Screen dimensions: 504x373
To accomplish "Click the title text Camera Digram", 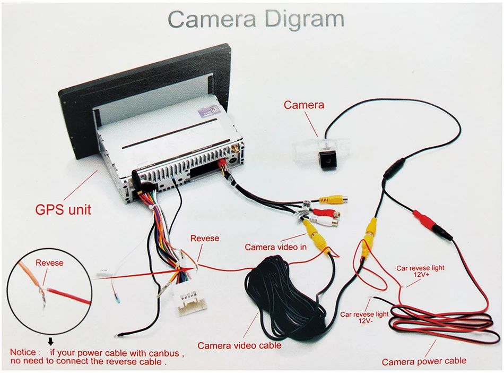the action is click(x=256, y=19).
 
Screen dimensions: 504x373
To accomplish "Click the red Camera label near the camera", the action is click(x=303, y=105).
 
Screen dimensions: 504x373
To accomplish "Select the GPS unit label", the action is click(x=63, y=209).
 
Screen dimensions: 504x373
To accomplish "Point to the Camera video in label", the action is click(x=275, y=247).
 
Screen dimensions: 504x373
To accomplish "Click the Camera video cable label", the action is click(x=239, y=345).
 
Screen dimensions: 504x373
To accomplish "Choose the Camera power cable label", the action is click(x=424, y=361).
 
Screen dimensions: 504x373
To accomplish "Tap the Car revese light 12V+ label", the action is click(x=420, y=272).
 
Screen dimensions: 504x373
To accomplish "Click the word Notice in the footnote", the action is click(x=24, y=352).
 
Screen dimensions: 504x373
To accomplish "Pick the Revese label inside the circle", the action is click(x=49, y=262).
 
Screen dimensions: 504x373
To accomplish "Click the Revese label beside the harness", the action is click(x=204, y=238).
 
